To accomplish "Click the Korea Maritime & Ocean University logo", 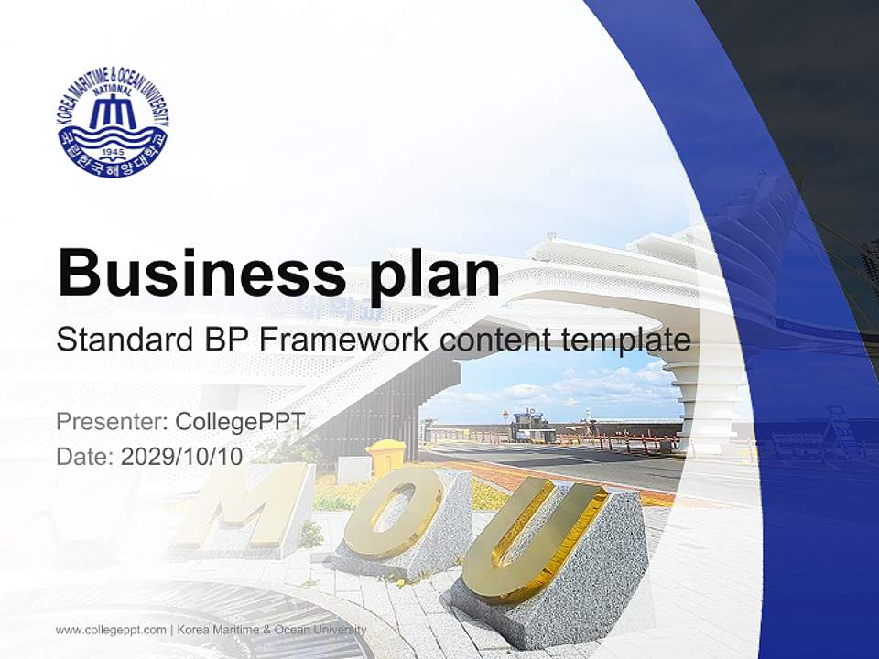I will pyautogui.click(x=113, y=121).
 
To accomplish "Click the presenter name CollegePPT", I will pyautogui.click(x=239, y=423).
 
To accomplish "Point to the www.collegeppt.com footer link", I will pyautogui.click(x=111, y=630).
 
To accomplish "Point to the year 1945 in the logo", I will pyautogui.click(x=113, y=151).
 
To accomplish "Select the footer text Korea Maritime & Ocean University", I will pyautogui.click(x=271, y=630).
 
